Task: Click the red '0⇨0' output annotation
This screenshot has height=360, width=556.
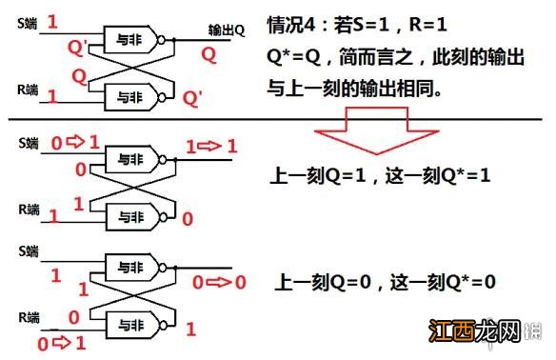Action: coord(220,282)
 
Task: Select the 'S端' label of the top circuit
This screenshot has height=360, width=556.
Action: coord(28,19)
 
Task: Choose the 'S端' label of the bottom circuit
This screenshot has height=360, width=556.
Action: coord(28,251)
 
